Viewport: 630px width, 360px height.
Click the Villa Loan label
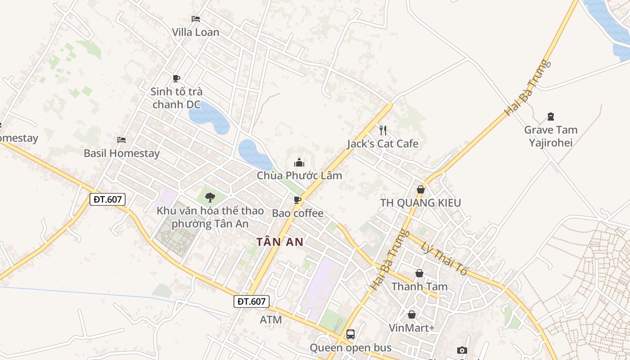(x=195, y=32)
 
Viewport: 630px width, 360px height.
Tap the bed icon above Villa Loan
(x=196, y=19)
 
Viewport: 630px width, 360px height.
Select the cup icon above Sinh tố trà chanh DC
(x=176, y=78)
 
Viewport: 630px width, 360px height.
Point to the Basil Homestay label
(x=121, y=153)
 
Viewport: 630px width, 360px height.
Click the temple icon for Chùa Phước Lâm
(x=299, y=162)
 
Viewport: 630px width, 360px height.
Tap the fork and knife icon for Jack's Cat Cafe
(x=383, y=130)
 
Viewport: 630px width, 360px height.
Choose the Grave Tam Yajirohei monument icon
(x=551, y=117)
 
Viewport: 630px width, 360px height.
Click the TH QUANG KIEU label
(x=420, y=203)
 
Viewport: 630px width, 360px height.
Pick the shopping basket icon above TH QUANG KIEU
(x=421, y=189)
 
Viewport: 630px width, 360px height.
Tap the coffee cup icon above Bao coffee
(x=297, y=200)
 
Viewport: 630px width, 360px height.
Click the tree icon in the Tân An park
(x=210, y=197)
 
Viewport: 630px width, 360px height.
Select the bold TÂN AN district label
(x=280, y=242)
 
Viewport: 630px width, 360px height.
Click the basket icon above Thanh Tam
(x=419, y=273)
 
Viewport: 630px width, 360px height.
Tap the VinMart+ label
(x=411, y=328)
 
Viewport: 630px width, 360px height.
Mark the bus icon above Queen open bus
(x=351, y=334)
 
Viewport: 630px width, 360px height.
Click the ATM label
(x=271, y=320)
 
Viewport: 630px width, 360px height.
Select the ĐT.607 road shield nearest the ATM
(x=252, y=301)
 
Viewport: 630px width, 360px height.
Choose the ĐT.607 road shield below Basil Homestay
(x=107, y=199)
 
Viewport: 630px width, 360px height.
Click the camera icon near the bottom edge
(x=462, y=350)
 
